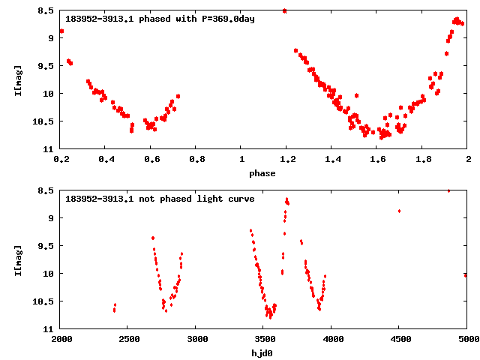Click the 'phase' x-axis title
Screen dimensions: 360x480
(x=262, y=173)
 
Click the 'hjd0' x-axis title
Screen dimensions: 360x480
(x=262, y=352)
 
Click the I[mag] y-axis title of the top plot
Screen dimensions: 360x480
(x=17, y=80)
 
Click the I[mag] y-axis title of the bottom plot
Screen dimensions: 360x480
(x=17, y=260)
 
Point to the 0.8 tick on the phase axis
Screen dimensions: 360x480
(x=197, y=159)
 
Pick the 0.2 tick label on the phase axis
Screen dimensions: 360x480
(x=61, y=159)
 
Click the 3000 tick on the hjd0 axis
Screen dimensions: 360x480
(x=196, y=339)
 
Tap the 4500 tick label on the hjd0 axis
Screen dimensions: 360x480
(x=400, y=339)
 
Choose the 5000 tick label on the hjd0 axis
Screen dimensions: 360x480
(x=466, y=339)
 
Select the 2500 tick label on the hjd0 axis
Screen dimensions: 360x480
(x=129, y=339)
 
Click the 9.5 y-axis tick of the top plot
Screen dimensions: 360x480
(x=46, y=66)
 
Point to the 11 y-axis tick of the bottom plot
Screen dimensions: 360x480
(x=49, y=329)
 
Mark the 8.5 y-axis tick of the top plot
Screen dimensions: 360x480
(x=46, y=10)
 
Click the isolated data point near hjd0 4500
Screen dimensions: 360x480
(x=399, y=211)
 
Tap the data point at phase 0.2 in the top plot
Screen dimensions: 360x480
(x=61, y=31)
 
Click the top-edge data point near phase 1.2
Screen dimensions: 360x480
(x=284, y=10)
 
